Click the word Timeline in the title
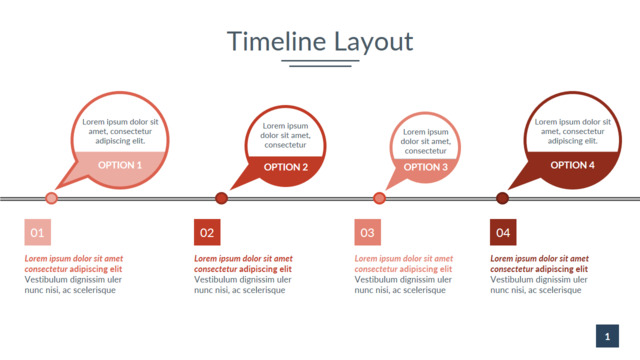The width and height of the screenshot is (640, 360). [276, 41]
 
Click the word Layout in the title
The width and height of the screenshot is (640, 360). [374, 42]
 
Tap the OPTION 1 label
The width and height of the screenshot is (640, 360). [120, 165]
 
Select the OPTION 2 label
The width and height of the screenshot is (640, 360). [286, 167]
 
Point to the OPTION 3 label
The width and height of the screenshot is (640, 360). [426, 167]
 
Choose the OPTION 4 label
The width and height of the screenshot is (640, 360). [572, 165]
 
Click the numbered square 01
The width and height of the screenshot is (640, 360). [38, 232]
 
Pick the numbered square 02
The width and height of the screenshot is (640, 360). [207, 232]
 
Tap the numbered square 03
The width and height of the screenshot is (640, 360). [367, 232]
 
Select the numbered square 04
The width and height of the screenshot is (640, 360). [503, 232]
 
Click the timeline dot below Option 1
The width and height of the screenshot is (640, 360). [51, 198]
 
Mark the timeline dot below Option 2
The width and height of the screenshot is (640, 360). [221, 198]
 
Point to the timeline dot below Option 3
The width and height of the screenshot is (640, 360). [379, 198]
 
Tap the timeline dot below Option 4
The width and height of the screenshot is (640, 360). [502, 198]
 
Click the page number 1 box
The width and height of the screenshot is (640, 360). [607, 336]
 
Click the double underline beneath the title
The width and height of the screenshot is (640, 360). [320, 63]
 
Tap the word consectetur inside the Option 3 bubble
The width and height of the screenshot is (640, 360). [426, 151]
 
